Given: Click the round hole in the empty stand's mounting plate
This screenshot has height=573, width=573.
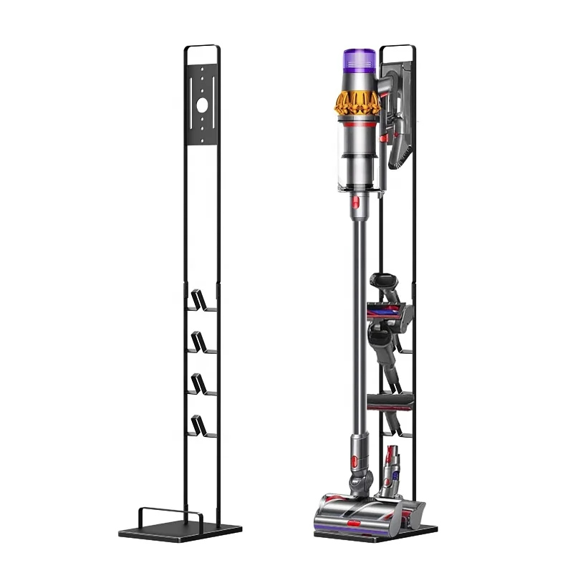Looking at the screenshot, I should coord(202,104).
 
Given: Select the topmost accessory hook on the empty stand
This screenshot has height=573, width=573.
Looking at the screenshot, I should coord(203,300).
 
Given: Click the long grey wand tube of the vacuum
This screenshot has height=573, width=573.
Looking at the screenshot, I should coord(356,322).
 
